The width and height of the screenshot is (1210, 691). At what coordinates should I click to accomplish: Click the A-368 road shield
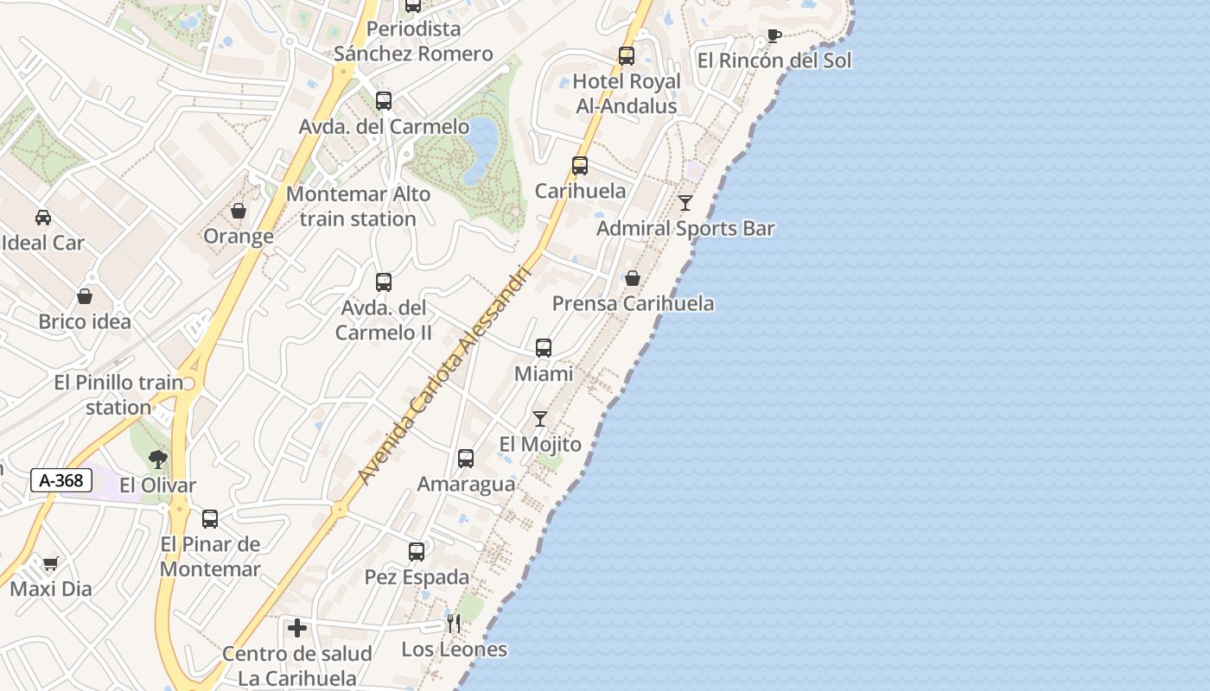(x=61, y=480)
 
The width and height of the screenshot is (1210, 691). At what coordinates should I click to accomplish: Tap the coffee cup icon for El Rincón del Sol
(x=774, y=36)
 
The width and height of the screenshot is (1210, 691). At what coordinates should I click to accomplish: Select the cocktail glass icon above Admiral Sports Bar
(x=685, y=203)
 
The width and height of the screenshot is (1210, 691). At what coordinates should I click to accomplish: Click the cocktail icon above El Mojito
(x=540, y=419)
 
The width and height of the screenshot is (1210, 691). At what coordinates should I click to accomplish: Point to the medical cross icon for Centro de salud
(x=297, y=628)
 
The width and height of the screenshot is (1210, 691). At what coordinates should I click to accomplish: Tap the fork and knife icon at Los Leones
(x=454, y=624)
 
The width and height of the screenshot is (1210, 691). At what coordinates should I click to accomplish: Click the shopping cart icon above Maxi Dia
(x=50, y=564)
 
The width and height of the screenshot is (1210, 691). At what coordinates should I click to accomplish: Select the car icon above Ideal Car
(x=43, y=218)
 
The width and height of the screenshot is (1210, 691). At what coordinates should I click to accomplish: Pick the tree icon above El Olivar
(x=157, y=460)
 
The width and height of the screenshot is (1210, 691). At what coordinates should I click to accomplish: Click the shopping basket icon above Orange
(x=239, y=211)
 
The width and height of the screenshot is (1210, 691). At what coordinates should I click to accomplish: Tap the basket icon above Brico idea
(x=85, y=296)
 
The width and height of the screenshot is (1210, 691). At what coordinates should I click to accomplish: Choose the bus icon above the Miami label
(x=544, y=348)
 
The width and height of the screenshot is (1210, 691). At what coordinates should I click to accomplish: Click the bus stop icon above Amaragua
(x=466, y=459)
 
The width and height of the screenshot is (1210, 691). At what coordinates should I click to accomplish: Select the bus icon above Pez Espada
(x=417, y=551)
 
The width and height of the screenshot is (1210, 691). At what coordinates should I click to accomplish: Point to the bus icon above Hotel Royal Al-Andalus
(x=627, y=56)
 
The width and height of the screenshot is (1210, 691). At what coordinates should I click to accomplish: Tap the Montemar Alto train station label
(x=358, y=206)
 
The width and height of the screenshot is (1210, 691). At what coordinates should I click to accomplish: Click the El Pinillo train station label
(x=118, y=395)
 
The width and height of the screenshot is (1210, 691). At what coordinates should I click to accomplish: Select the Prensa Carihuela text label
(x=633, y=303)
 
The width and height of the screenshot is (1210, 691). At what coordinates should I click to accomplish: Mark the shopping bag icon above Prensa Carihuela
(x=633, y=278)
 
